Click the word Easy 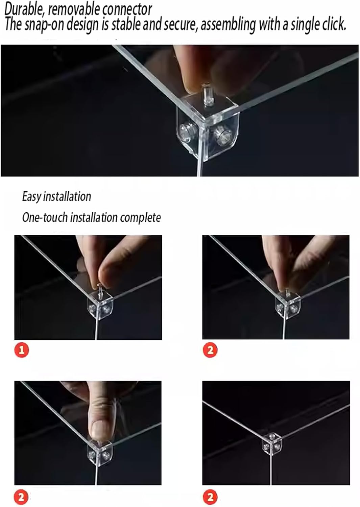(31, 197)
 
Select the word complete (140, 218)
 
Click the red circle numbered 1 (22, 350)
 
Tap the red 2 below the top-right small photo (210, 350)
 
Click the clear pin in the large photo (207, 95)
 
